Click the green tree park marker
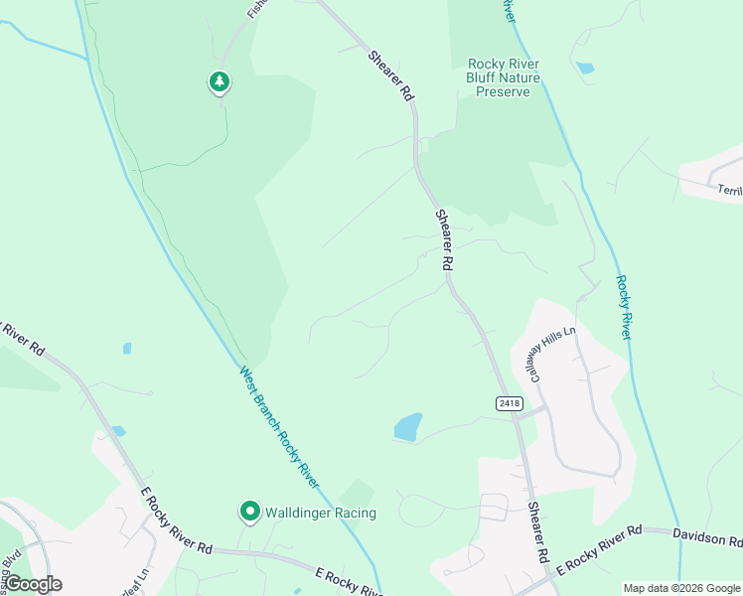pos(220,81)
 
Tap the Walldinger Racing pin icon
pos(249,513)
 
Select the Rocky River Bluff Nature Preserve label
pos(504,77)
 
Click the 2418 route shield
pos(508,402)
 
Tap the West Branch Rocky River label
pos(279,427)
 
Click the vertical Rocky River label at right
pos(623,308)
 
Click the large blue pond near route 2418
pos(408,427)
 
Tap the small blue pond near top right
pos(585,69)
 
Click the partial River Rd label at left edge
pos(22,338)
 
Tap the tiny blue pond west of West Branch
pos(126,349)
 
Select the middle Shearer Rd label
pos(443,241)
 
